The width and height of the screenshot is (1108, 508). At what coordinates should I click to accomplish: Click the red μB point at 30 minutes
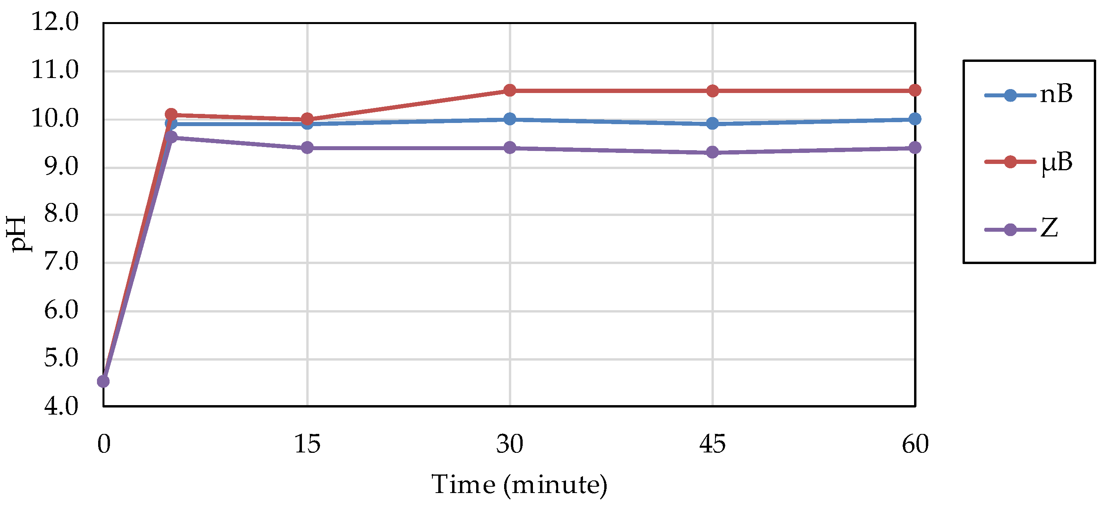pos(510,90)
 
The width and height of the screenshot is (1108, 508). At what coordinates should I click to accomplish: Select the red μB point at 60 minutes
pos(915,90)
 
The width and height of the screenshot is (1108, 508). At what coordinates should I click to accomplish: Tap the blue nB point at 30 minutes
pos(510,119)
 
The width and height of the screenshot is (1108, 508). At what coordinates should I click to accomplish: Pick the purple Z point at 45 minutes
pos(712,152)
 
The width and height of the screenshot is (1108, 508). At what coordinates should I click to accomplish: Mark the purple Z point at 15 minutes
pos(307,147)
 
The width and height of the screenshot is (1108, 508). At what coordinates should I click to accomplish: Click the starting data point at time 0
pos(103,381)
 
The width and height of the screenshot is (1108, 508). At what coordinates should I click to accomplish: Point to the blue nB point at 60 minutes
pos(915,119)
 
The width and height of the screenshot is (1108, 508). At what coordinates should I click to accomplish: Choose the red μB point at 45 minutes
pos(712,91)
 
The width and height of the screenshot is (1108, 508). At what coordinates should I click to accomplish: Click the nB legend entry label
pos(1056,94)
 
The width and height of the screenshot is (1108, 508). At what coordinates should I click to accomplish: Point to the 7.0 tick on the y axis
pos(61,262)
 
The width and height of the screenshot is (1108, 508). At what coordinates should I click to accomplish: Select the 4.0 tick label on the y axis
pos(61,406)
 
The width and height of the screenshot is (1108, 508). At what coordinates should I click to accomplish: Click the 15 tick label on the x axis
pos(307,444)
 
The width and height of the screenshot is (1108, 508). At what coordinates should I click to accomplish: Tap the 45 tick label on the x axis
pos(712,444)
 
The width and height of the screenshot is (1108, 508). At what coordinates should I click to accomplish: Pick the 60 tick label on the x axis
pos(915,444)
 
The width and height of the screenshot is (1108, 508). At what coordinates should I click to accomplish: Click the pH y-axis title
pos(19,234)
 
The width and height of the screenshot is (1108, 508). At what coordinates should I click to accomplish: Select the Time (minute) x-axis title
pos(519,485)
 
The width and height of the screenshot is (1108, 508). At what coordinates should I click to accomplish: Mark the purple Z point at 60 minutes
pos(915,147)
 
